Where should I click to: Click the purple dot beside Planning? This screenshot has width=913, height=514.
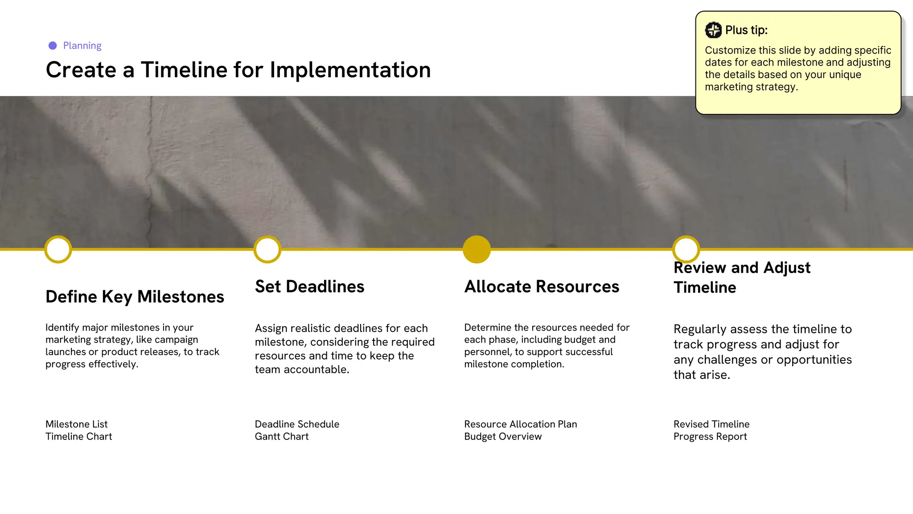click(x=53, y=46)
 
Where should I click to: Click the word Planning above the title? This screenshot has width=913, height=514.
click(x=82, y=46)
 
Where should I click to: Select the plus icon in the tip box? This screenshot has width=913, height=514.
click(x=713, y=30)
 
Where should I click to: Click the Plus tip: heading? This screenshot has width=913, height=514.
click(x=746, y=30)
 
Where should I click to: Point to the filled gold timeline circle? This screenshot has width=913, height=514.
click(x=477, y=249)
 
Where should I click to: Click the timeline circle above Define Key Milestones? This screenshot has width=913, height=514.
click(x=58, y=249)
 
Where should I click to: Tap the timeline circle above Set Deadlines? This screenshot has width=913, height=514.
click(x=267, y=249)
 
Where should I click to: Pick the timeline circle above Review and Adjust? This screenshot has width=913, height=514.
click(x=686, y=249)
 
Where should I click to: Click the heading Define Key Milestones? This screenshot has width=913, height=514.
click(x=135, y=297)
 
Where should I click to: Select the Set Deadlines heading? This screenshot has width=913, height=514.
click(x=309, y=286)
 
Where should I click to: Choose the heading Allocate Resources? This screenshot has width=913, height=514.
click(x=542, y=286)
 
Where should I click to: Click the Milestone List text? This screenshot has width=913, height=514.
click(x=77, y=424)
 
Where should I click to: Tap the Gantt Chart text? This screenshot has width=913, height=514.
click(x=282, y=436)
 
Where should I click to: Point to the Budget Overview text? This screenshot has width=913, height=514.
click(x=503, y=436)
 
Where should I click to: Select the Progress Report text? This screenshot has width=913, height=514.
click(x=710, y=436)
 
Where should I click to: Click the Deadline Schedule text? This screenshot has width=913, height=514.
click(x=297, y=424)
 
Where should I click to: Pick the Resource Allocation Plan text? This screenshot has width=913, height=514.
click(x=520, y=424)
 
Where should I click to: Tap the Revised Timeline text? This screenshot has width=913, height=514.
click(x=711, y=424)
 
